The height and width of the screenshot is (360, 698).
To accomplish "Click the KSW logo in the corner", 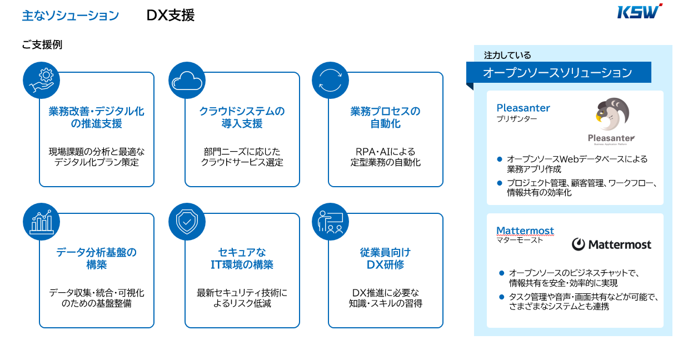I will (x=639, y=12).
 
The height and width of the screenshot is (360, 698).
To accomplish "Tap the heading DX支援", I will (x=171, y=16).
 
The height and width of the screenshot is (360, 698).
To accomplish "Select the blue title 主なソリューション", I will (x=71, y=16).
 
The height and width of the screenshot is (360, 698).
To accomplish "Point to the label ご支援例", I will (x=42, y=45).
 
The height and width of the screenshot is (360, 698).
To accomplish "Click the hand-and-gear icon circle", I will (x=41, y=79).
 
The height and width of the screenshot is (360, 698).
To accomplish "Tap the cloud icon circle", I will (x=187, y=79).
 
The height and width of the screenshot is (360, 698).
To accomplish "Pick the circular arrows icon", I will (x=330, y=79).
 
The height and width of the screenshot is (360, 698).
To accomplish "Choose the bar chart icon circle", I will (x=41, y=222).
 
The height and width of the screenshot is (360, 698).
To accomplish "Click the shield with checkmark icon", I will (x=187, y=222).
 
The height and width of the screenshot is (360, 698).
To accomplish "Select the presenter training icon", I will (x=330, y=222).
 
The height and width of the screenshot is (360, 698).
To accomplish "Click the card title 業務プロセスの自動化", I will (x=385, y=117).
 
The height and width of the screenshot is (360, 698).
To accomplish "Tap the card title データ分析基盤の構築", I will (x=96, y=258).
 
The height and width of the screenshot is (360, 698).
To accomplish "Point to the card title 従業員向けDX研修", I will (x=385, y=258).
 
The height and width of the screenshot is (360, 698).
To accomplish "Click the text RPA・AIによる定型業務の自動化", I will (x=385, y=157).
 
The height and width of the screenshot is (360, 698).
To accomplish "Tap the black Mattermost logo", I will (x=611, y=244).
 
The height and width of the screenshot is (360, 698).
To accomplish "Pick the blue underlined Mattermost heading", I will (x=525, y=231).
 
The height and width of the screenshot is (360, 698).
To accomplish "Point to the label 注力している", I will (x=507, y=55).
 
